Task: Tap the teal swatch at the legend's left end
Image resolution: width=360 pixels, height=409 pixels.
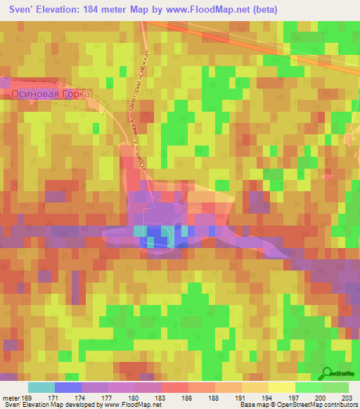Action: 41,387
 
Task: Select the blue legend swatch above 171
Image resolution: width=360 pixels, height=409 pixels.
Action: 68,387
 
